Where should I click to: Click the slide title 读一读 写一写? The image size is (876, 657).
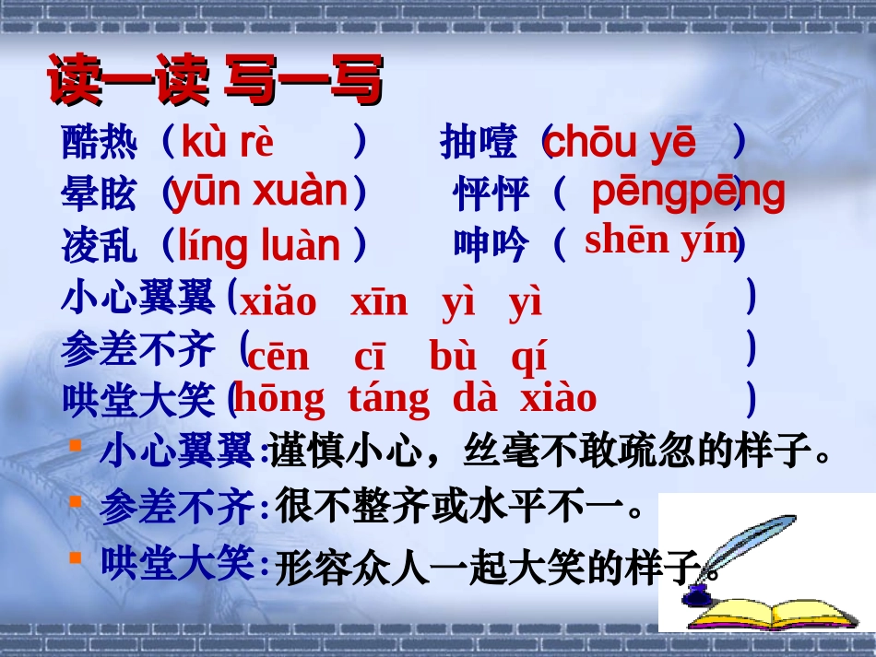pos(214,80)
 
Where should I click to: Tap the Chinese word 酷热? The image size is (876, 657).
pos(100,143)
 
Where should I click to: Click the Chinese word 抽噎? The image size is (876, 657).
pos(479,143)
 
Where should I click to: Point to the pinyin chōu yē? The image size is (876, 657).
pos(620,143)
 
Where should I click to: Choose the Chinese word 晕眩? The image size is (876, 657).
pos(100,194)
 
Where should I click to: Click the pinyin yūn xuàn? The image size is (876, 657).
pos(259,192)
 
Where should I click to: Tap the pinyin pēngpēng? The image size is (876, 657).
pos(687,192)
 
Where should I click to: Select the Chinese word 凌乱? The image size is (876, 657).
pos(100,246)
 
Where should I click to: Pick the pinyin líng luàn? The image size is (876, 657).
pos(259,246)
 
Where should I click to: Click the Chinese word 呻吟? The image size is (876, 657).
pos(491,245)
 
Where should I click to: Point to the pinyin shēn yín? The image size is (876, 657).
pos(661,241)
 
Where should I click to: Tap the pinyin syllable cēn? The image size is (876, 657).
pos(278,358)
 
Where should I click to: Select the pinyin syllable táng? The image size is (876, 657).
pos(388,399)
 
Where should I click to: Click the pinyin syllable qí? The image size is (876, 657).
pos(528,358)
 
